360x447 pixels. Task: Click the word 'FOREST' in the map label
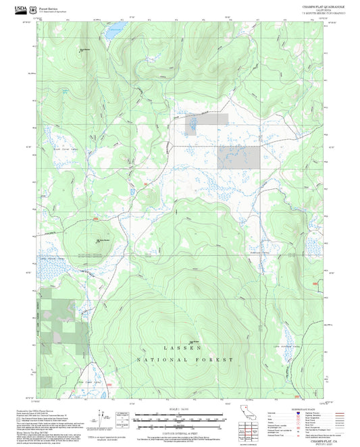point(217,360)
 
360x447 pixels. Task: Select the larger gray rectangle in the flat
point(247,156)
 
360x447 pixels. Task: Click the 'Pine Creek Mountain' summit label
point(103,240)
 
